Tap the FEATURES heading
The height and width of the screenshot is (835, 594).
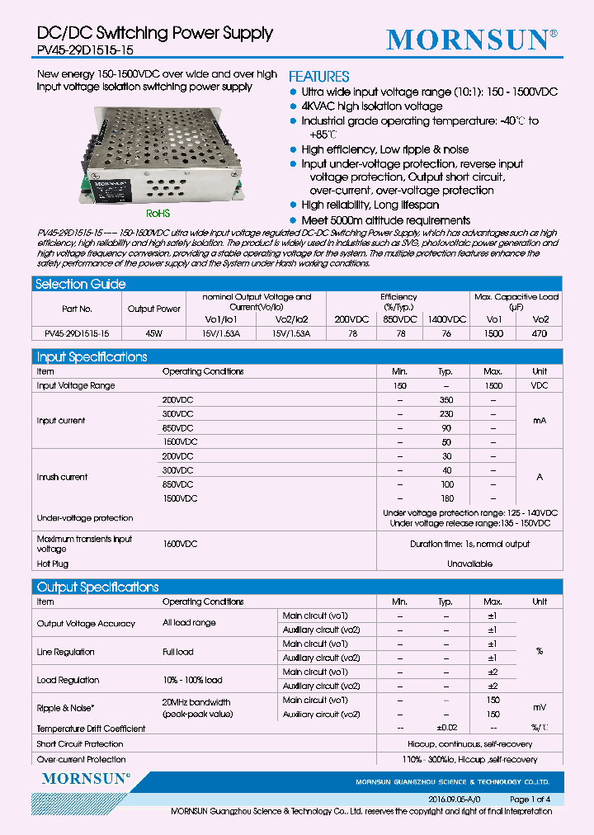coord(318,76)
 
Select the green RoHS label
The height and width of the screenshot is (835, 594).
coord(158,211)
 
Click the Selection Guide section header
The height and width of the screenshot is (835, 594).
coord(80,284)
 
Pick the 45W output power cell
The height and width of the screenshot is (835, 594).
coord(153,334)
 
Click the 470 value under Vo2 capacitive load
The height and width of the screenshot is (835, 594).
coord(540,334)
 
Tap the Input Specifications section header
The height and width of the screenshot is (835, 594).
coord(91,356)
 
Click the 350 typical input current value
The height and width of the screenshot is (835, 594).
coord(445,400)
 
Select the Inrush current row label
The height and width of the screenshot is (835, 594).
coord(62,477)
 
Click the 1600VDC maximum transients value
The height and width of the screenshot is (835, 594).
coord(180,544)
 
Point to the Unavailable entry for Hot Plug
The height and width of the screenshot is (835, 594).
coord(469,564)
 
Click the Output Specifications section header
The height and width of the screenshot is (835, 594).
coord(97,587)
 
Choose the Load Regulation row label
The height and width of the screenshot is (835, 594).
coord(68,680)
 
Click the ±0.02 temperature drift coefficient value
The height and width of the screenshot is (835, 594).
coord(445,729)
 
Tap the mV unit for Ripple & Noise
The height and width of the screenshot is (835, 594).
coord(540,708)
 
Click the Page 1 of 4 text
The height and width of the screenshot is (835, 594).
coord(530,800)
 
